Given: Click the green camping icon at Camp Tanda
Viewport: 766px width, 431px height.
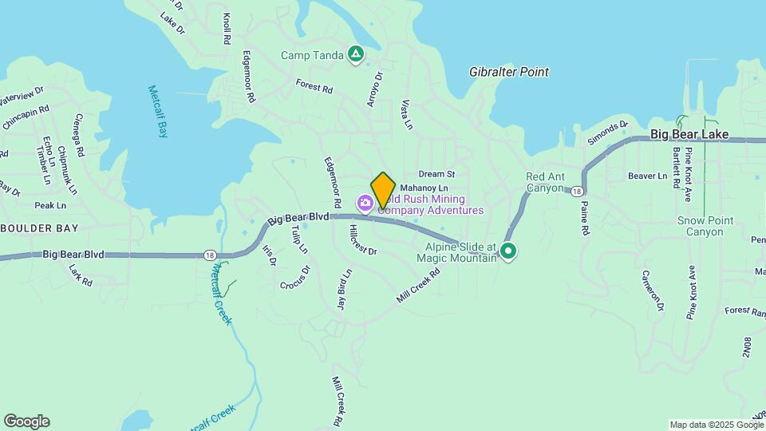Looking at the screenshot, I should click(x=356, y=54).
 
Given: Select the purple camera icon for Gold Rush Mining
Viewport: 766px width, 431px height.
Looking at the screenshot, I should click(x=365, y=205).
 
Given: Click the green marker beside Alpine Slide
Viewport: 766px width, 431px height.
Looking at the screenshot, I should click(x=507, y=252).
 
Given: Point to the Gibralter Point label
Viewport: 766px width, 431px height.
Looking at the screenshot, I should click(x=509, y=72).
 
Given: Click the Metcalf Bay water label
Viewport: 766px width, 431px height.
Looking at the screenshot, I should click(x=157, y=112).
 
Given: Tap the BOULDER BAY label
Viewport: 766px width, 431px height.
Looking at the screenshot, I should click(x=40, y=227).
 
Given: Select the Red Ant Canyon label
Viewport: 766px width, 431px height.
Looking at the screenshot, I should click(x=550, y=183).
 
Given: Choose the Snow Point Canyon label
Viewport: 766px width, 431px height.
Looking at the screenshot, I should click(x=700, y=226).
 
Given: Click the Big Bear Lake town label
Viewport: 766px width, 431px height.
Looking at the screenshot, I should click(x=689, y=135).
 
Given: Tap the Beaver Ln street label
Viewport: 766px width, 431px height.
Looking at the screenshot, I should click(x=646, y=176).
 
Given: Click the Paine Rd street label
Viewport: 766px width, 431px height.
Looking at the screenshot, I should click(x=585, y=218).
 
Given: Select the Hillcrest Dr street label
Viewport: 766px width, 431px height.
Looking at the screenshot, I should click(x=362, y=239).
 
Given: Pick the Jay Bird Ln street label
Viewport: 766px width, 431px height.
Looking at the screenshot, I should click(x=342, y=293).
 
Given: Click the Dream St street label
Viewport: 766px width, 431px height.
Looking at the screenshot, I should click(x=436, y=174).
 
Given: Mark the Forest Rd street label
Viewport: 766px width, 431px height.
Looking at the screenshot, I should click(x=314, y=85).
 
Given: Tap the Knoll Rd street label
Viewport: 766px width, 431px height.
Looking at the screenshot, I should click(x=227, y=28).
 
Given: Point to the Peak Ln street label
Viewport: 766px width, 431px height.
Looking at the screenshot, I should click(x=49, y=205).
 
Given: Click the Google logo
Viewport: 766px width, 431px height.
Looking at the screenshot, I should click(x=26, y=421).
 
